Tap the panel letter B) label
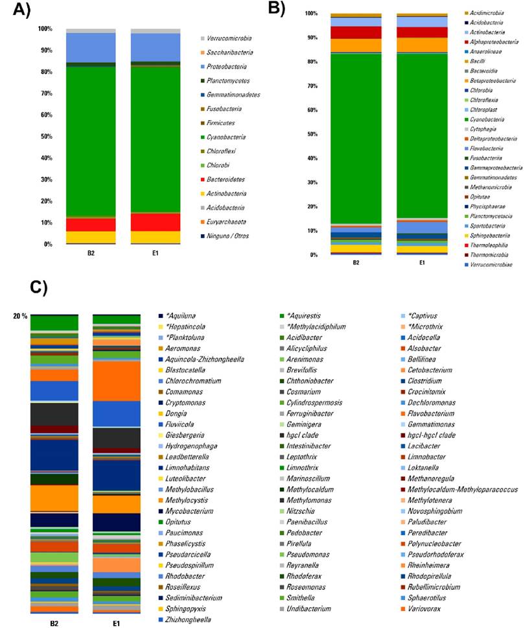click(x=277, y=8)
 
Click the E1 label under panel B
click(x=421, y=263)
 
